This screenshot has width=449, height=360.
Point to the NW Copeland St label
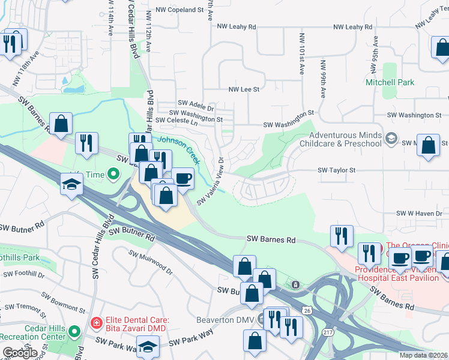coord(178,10)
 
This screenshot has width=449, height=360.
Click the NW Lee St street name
coord(244,89)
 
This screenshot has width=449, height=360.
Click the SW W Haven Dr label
coord(422,214)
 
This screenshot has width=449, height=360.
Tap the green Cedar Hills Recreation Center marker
coord(74,331)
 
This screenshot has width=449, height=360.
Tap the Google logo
coord(19,353)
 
